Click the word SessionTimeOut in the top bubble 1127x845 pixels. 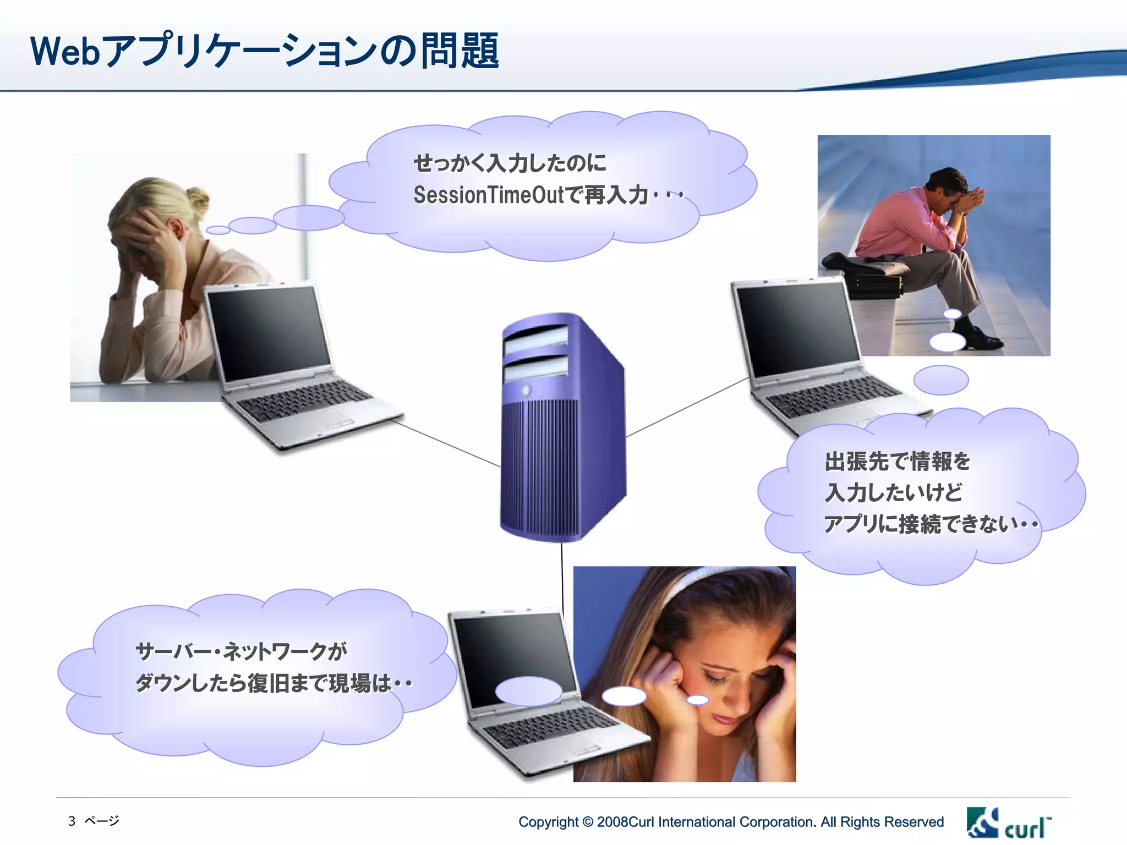click(x=489, y=195)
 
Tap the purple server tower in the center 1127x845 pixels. click(x=561, y=429)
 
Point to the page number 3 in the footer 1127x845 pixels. click(x=72, y=821)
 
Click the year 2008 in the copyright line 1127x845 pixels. click(x=612, y=822)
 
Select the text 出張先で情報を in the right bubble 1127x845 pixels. click(x=897, y=461)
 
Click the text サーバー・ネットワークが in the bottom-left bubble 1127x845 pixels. click(x=241, y=651)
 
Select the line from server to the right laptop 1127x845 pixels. click(x=688, y=407)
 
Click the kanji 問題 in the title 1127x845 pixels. click(x=460, y=51)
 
